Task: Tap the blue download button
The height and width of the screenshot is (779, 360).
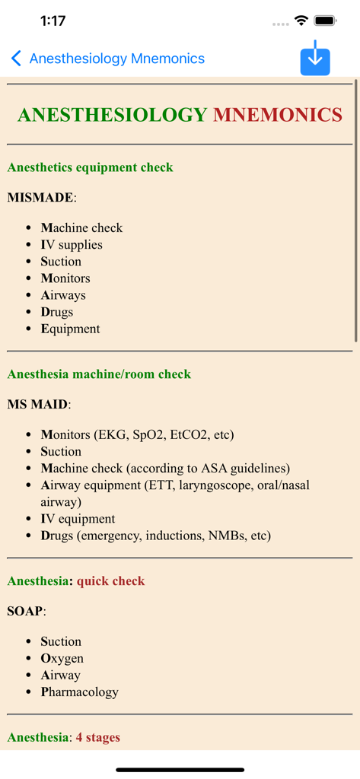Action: [x=315, y=59]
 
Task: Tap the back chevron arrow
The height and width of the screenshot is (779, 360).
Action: [x=16, y=59]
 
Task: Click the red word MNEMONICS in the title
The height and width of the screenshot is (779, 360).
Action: [x=277, y=115]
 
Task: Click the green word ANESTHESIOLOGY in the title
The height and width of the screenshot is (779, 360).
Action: [x=112, y=115]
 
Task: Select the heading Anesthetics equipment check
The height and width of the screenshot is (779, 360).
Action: [x=90, y=167]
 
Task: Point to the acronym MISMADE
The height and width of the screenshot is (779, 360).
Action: [x=40, y=198]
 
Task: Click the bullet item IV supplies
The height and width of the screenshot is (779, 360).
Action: [x=72, y=245]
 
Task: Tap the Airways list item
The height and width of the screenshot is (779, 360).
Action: [x=63, y=295]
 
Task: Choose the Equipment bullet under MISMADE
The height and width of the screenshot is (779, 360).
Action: [x=70, y=329]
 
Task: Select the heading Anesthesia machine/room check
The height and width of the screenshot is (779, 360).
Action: [x=99, y=374]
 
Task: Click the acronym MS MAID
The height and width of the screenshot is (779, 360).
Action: [x=38, y=405]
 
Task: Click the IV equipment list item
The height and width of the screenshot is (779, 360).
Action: [x=78, y=519]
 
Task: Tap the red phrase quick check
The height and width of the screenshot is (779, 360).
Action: [x=110, y=581]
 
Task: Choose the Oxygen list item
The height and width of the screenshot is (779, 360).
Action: [x=62, y=659]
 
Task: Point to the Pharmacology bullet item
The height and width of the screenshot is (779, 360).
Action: [x=79, y=692]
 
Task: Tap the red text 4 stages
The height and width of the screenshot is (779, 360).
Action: [x=97, y=737]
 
